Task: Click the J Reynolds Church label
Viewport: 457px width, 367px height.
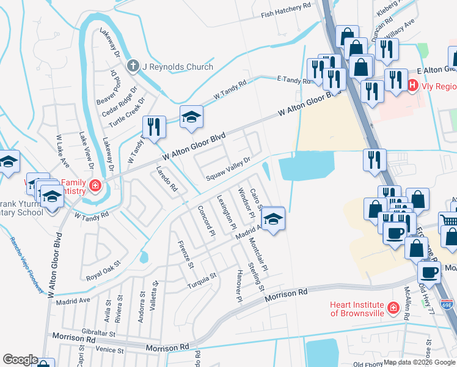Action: [178, 67]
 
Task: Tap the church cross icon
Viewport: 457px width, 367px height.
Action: [133, 66]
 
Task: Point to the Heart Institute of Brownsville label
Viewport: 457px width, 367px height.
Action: [357, 309]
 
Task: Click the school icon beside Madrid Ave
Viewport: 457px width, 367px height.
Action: [274, 218]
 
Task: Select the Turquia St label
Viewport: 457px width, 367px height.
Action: [202, 280]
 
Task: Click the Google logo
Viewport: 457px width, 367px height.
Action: [20, 360]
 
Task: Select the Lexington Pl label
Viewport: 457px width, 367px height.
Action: [226, 211]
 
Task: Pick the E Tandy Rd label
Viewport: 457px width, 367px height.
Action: [294, 80]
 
